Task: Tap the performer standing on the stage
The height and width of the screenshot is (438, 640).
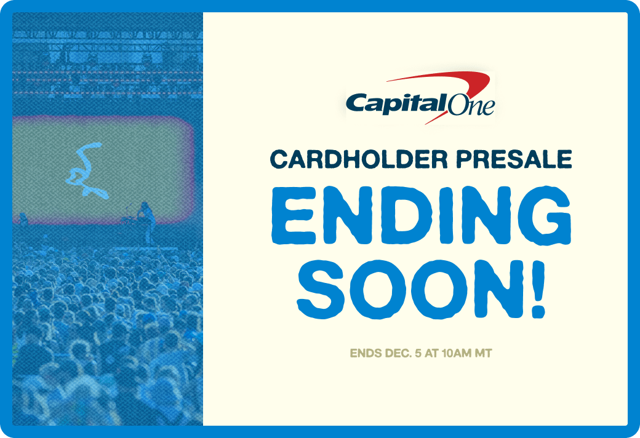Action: pyautogui.click(x=146, y=218)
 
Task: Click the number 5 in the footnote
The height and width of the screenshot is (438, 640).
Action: pyautogui.click(x=418, y=354)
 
